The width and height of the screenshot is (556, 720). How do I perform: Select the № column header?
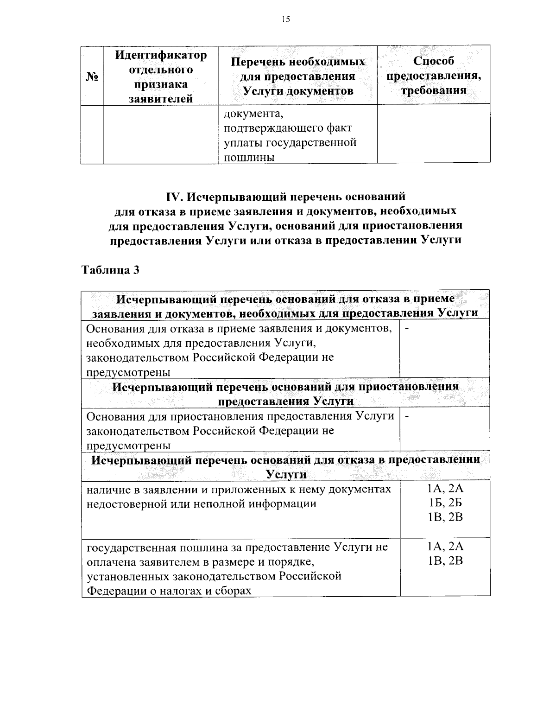92,76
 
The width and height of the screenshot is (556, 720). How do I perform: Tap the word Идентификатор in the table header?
161,55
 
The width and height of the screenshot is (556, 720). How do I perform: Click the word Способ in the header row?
433,61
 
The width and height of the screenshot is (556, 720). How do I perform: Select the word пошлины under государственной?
249,158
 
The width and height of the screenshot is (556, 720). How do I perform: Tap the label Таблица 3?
110,270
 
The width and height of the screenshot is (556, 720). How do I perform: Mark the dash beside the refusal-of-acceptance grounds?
407,329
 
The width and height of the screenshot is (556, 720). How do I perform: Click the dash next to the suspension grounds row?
407,416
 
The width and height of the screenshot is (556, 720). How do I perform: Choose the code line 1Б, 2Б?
445,503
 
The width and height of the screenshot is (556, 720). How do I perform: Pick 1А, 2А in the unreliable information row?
445,488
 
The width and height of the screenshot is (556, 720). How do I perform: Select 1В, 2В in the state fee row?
445,561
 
